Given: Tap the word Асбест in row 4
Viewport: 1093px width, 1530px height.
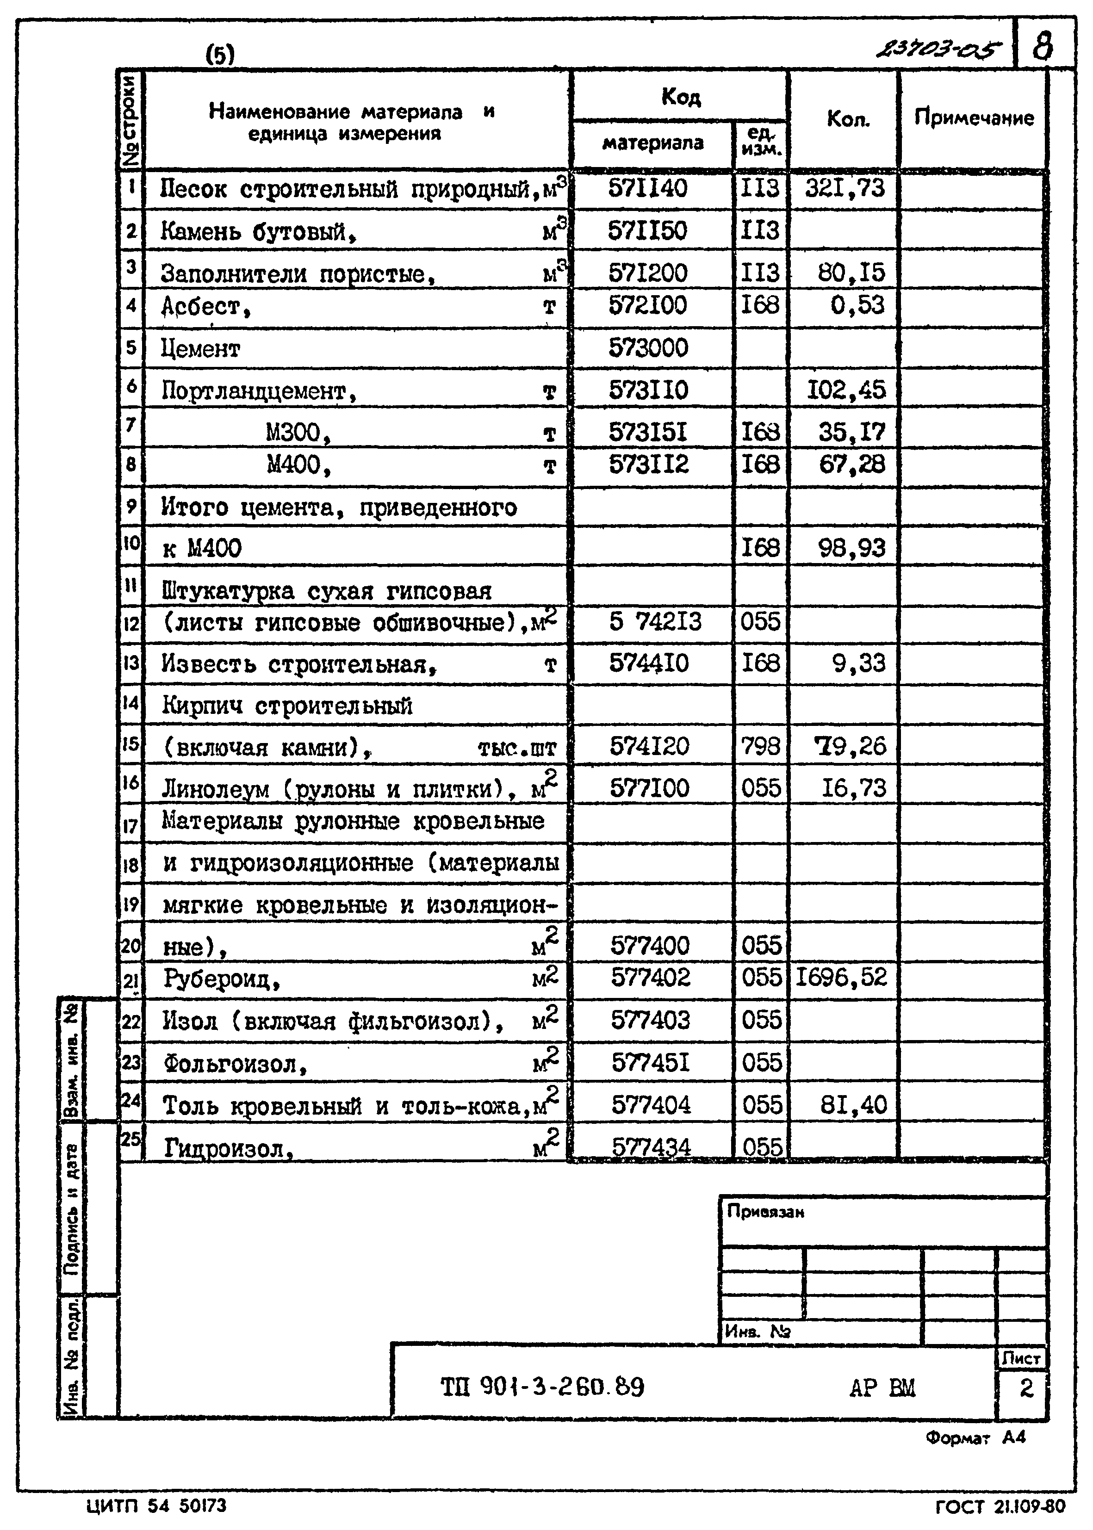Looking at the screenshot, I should point(201,308).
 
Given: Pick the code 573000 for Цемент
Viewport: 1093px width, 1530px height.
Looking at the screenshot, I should point(648,348).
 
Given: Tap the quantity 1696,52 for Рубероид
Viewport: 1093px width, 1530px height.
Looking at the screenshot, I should point(841,977).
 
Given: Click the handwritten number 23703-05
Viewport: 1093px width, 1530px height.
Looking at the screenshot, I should point(938,49).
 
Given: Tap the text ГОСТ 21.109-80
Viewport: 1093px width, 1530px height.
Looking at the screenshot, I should point(1000,1506).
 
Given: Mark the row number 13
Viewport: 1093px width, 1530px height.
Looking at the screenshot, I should point(130,663).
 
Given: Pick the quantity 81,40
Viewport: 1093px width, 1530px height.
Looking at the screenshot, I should point(853,1105).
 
